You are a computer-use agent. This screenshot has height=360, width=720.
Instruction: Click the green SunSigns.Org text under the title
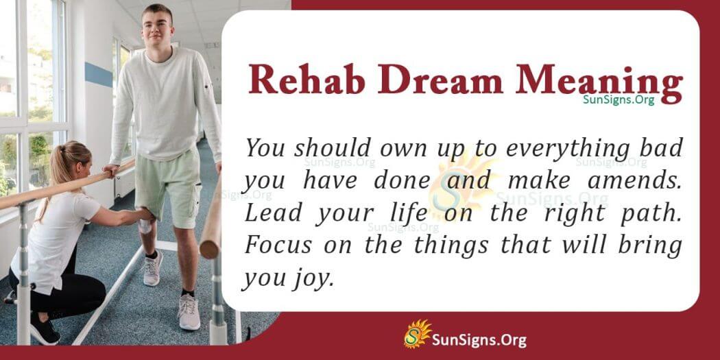619,100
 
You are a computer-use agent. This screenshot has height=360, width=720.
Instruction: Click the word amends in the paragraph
637,180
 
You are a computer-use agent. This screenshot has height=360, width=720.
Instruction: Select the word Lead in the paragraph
272,213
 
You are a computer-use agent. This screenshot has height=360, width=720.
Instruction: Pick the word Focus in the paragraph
276,245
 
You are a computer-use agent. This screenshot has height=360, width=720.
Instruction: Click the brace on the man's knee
145,223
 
